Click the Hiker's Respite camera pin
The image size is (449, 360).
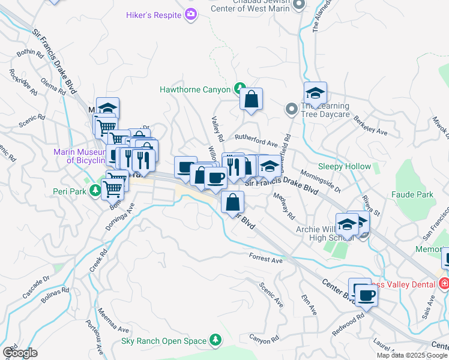pos(191,14)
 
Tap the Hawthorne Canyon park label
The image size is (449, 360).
pos(195,89)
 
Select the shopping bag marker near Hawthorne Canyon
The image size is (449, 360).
pos(251,100)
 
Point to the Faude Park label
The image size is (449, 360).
pos(412,195)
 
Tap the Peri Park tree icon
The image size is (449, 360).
pos(94,191)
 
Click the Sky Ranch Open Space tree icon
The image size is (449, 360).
pos(215,341)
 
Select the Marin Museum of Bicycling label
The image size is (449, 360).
pos(80,156)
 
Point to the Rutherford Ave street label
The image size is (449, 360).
pos(256,144)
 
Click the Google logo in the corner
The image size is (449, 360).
pos(20,352)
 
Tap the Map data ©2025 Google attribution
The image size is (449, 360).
pos(412,355)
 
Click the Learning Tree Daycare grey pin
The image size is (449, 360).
pos(291,109)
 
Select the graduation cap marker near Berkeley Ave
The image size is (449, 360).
pos(315,93)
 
